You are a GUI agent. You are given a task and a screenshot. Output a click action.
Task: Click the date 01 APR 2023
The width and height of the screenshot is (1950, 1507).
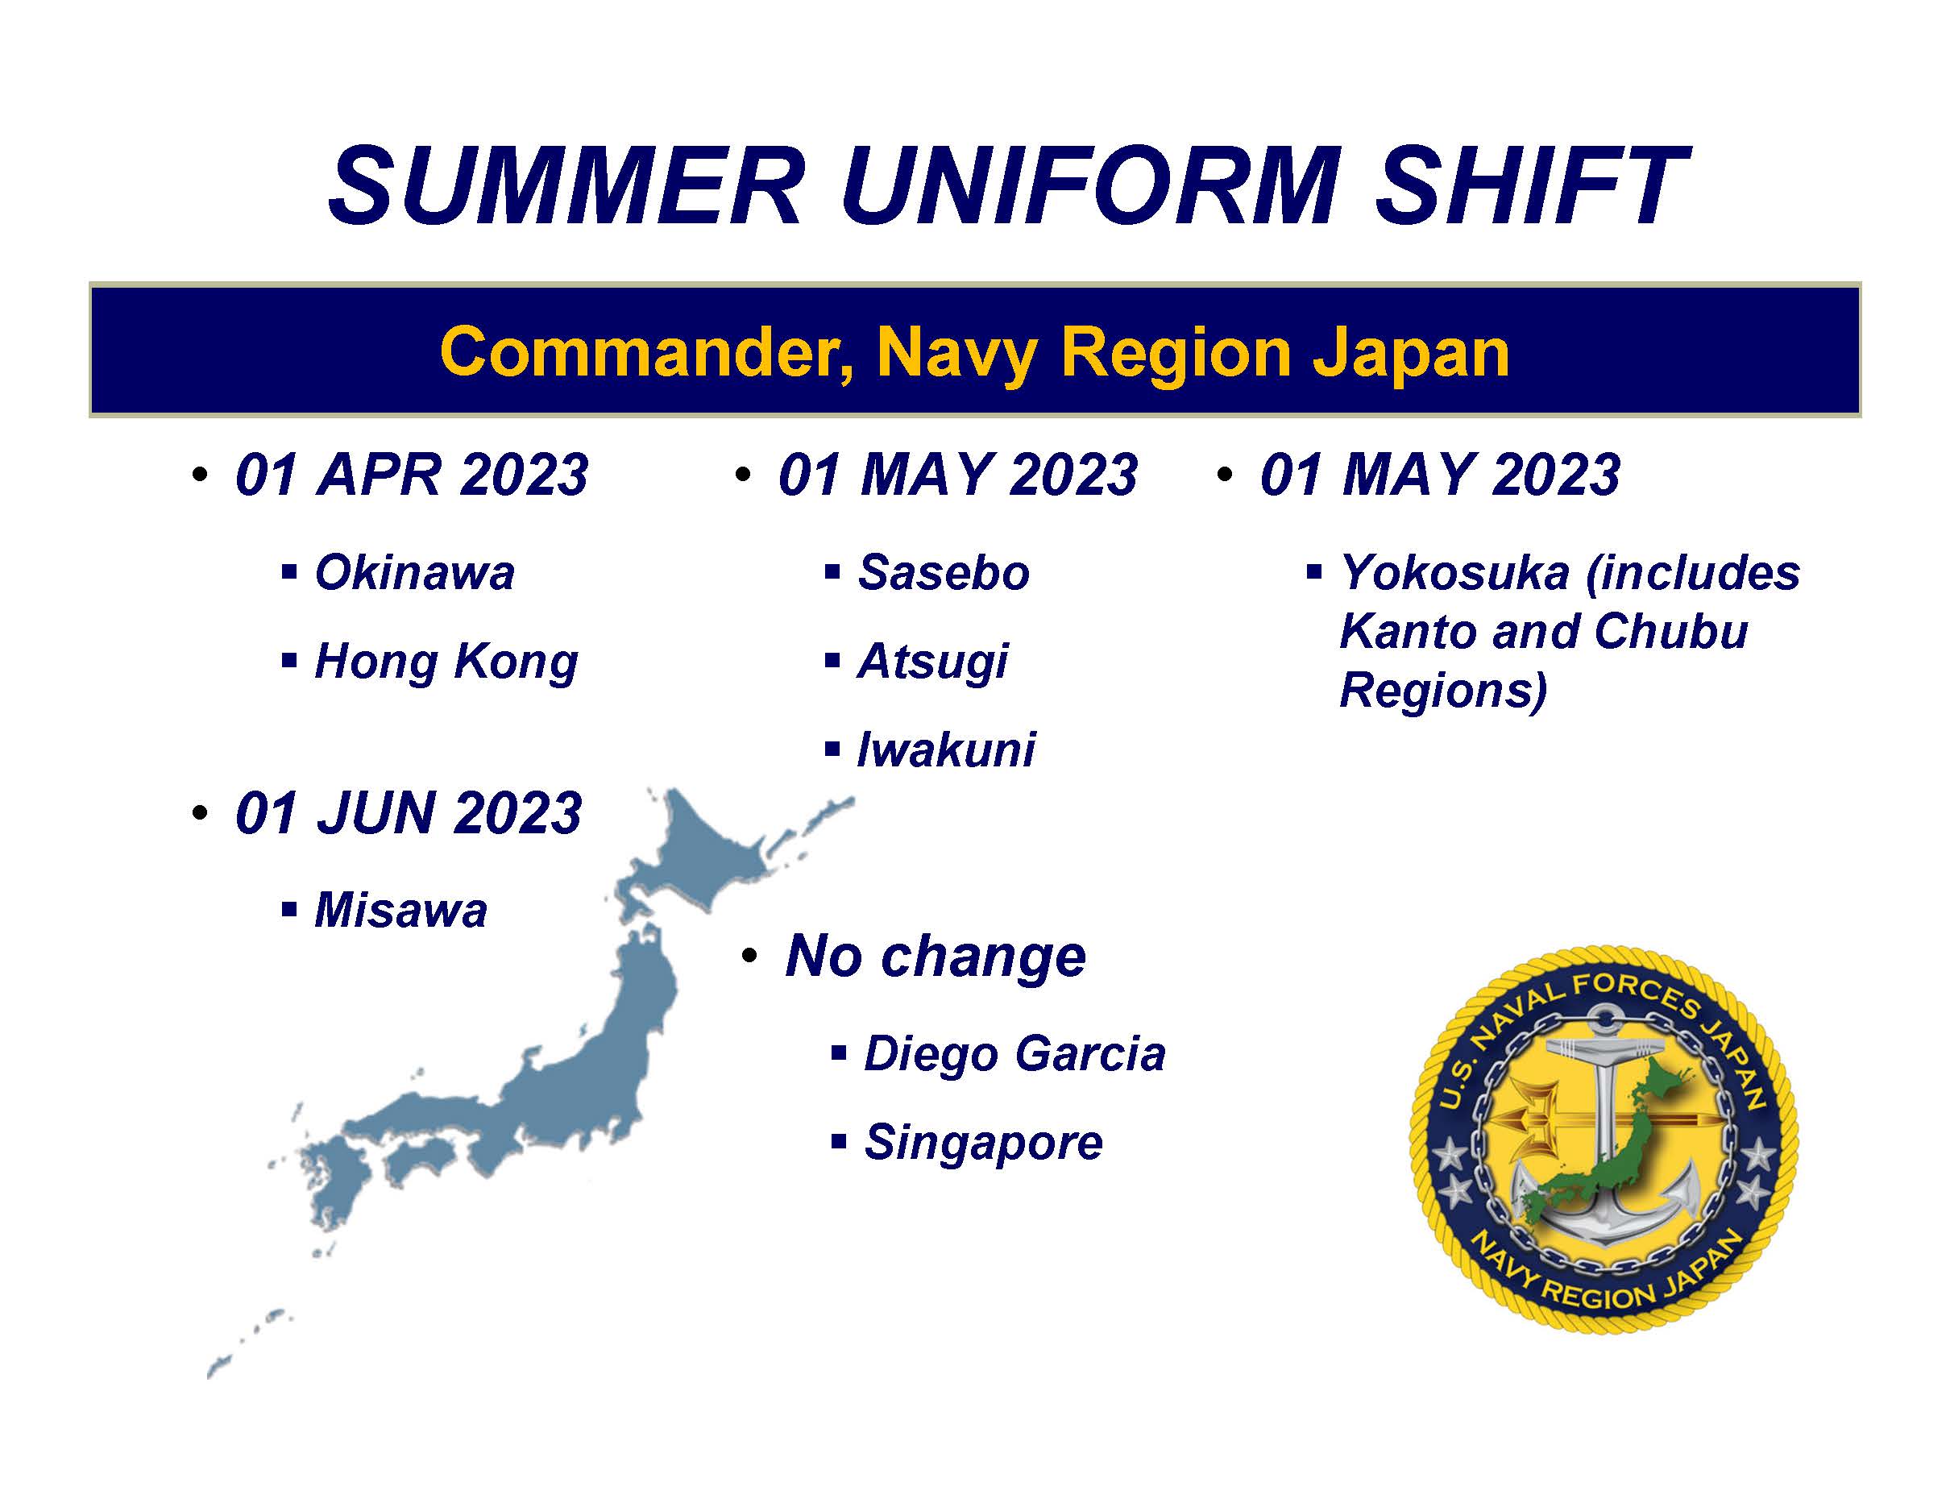point(412,474)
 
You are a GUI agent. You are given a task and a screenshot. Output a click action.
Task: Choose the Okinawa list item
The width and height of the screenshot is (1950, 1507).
point(414,572)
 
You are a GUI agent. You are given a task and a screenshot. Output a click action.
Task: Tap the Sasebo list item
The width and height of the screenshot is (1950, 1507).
point(943,572)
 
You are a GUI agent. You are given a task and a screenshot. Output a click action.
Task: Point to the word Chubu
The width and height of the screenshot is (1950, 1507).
point(1670,631)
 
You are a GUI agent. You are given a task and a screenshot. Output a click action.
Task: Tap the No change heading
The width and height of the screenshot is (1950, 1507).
point(935,958)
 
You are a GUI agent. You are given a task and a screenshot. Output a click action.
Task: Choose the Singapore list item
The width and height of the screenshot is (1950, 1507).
point(983,1144)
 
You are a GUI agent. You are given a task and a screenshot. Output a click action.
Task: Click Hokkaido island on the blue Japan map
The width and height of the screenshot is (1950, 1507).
point(705,857)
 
